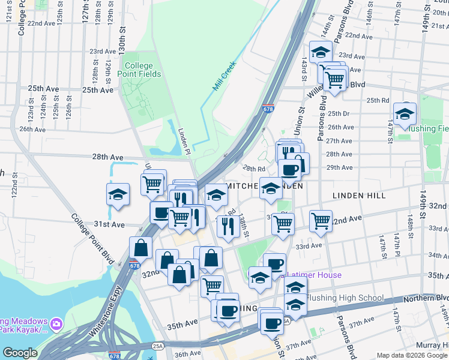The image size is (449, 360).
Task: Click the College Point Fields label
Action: tap(142, 70)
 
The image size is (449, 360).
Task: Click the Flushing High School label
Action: tap(345, 298)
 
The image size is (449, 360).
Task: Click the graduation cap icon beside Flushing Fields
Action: tap(405, 113)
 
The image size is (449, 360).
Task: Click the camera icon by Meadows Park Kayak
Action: tap(56, 323)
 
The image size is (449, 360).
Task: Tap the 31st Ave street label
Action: tap(109, 224)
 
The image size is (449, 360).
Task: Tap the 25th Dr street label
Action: tap(338, 113)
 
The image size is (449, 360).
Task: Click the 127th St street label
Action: tap(86, 11)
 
